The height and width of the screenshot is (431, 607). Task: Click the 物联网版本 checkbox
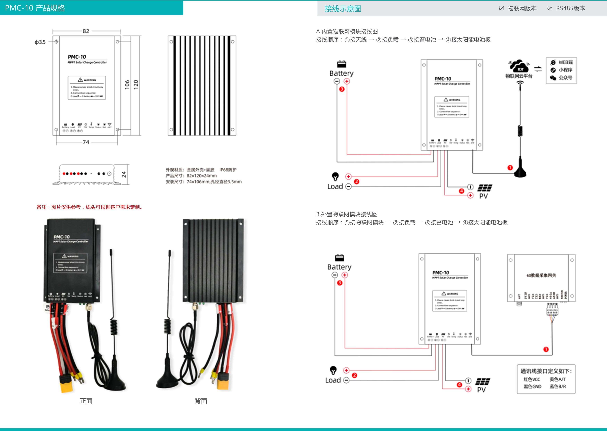pos(501,9)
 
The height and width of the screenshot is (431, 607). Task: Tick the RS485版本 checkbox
pos(550,9)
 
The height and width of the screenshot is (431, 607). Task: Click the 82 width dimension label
pos(86,31)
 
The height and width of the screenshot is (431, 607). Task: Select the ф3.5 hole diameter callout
pos(40,42)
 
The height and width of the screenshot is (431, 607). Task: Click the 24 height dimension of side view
pos(124,174)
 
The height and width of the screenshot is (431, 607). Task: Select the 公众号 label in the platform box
pos(565,78)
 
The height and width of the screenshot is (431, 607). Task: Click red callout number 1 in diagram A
pos(510,168)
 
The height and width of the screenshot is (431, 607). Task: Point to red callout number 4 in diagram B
pos(459,385)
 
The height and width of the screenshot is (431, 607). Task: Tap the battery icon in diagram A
pos(342,64)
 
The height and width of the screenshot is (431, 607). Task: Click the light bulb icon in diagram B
pos(333,370)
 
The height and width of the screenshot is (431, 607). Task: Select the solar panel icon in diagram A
pos(485,188)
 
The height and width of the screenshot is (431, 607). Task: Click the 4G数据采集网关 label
pos(541,275)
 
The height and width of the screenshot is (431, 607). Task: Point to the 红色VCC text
pos(532,379)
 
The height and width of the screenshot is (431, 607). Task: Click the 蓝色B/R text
pos(558,386)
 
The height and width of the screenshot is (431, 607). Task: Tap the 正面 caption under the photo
pos(86,401)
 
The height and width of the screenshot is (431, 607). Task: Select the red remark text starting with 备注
pos(90,207)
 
